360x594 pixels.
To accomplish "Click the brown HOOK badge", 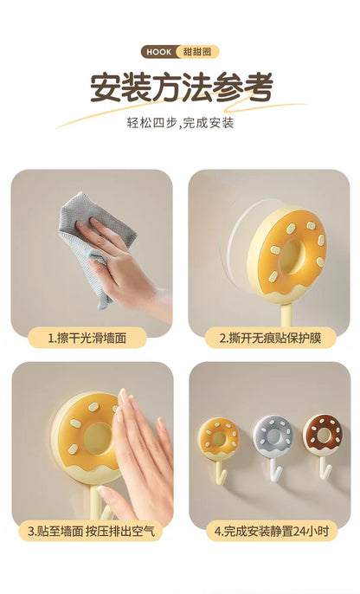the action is coord(159,52).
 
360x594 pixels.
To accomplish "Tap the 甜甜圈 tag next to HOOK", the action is coord(197,52).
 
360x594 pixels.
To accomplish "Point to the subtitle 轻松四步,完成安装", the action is coord(180,123).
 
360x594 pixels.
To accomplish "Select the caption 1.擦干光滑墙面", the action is coord(87,338).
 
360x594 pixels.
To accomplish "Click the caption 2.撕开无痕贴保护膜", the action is coord(270,338).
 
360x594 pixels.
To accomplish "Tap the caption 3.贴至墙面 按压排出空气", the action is coord(91,531).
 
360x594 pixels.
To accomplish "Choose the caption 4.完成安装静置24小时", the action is coord(272,531).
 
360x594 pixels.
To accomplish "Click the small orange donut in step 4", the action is coord(218,439).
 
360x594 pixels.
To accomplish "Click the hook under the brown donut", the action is coord(325,467).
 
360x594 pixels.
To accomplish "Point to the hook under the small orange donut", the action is coord(220,472).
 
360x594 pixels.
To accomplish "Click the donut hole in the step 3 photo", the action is coord(99,438).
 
